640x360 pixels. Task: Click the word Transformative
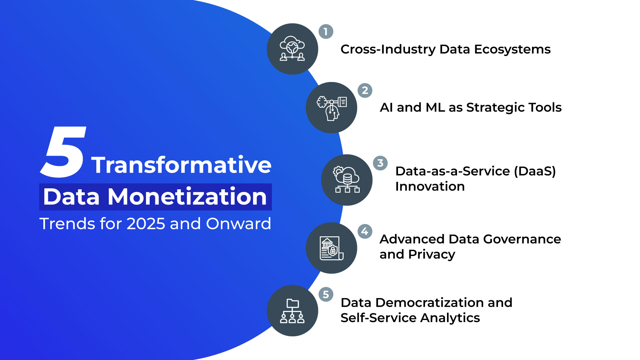pyautogui.click(x=181, y=165)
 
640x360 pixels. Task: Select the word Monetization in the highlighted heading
pyautogui.click(x=187, y=197)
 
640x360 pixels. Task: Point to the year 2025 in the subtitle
pyautogui.click(x=146, y=224)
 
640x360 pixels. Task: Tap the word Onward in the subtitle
pyautogui.click(x=238, y=224)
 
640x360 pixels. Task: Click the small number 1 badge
pyautogui.click(x=326, y=32)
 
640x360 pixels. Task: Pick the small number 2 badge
pyautogui.click(x=365, y=90)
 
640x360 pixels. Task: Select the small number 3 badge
pyautogui.click(x=380, y=163)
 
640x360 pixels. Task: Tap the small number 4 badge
pyautogui.click(x=365, y=231)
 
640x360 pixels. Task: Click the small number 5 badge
pyautogui.click(x=326, y=294)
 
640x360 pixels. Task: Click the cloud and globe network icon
pyautogui.click(x=292, y=49)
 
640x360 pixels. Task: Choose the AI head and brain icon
pyautogui.click(x=331, y=108)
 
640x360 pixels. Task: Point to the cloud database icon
pyautogui.click(x=347, y=180)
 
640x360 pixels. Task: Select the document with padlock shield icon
pyautogui.click(x=331, y=248)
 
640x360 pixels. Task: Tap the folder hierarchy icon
pyautogui.click(x=292, y=311)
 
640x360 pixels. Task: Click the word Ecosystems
pyautogui.click(x=512, y=49)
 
